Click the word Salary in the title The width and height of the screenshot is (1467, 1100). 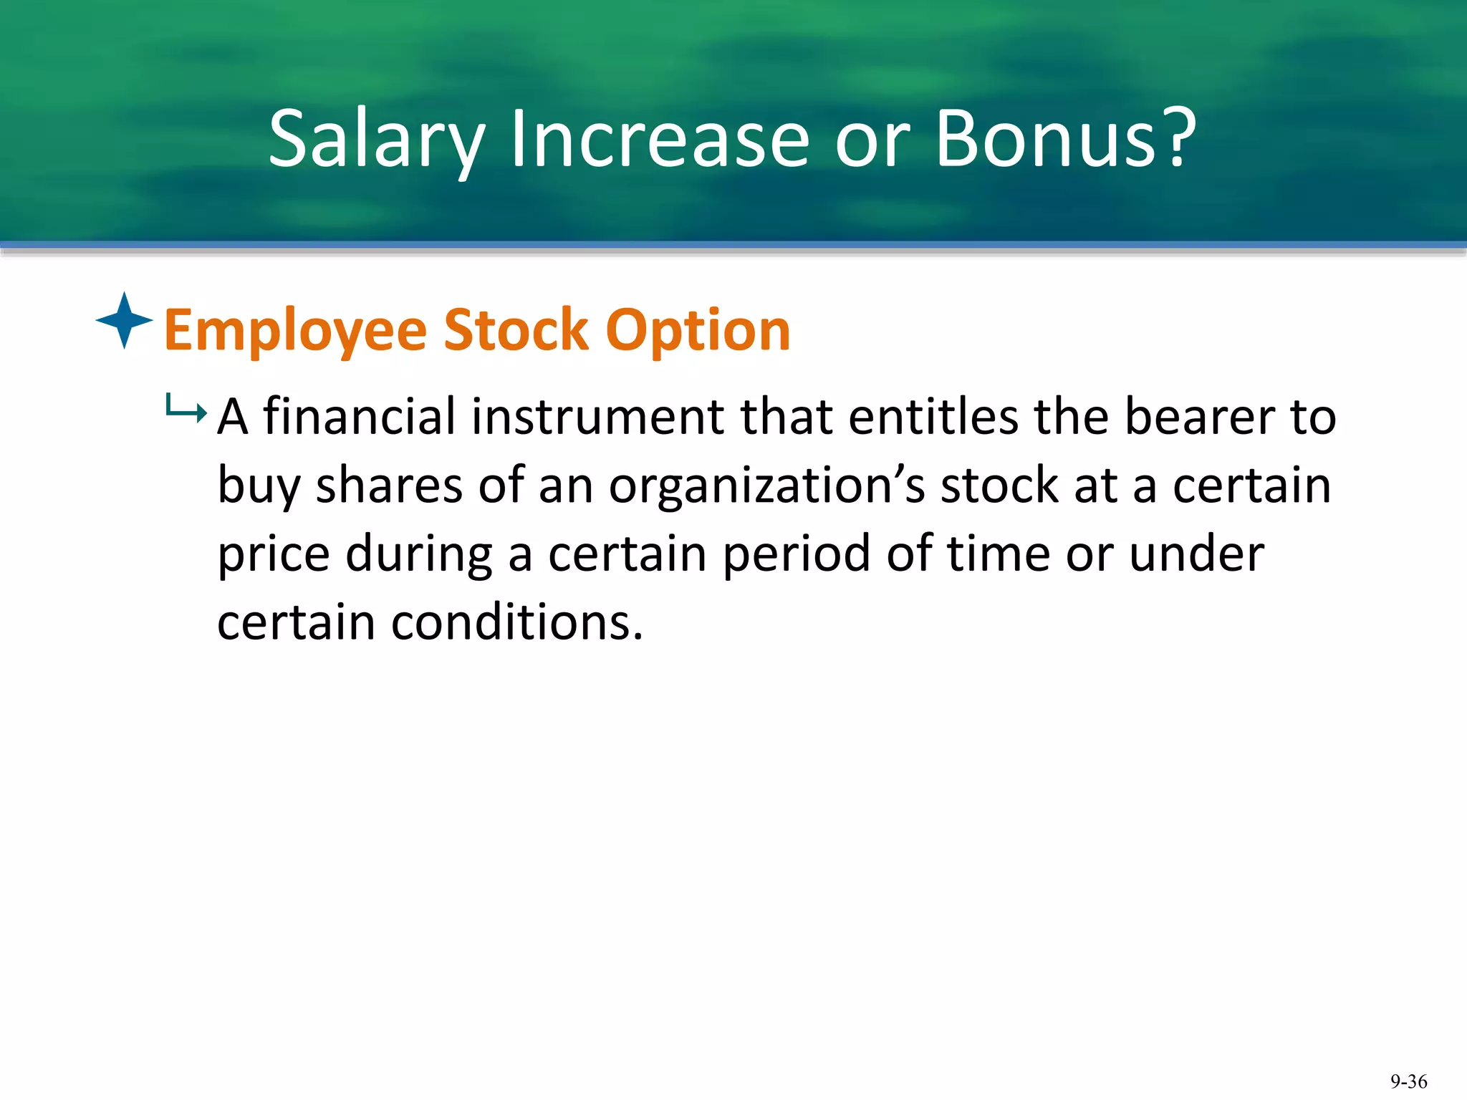point(377,138)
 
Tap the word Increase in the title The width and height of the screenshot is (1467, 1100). point(659,138)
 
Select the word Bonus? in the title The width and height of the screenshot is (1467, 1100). point(1065,138)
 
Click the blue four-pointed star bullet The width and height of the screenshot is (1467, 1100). point(124,320)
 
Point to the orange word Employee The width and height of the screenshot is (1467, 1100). point(295,331)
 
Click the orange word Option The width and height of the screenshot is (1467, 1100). point(698,331)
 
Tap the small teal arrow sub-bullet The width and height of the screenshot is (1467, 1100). point(186,410)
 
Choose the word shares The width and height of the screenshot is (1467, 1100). point(390,485)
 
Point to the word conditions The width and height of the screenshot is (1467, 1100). point(516,622)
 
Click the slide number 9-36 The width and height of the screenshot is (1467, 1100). point(1408,1081)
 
